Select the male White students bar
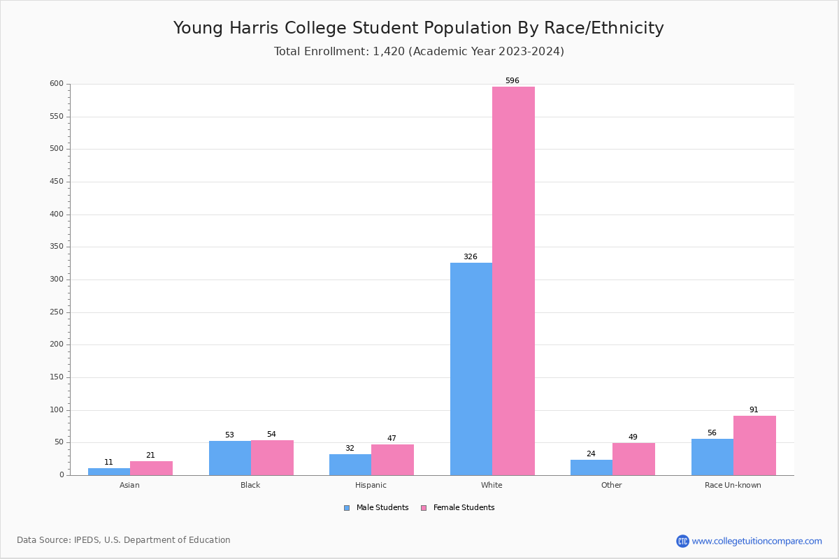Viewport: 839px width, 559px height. pyautogui.click(x=471, y=369)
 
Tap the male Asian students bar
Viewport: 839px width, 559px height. pyautogui.click(x=109, y=472)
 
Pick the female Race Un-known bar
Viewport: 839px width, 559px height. pyautogui.click(x=754, y=446)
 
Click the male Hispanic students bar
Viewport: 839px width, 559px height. pyautogui.click(x=350, y=465)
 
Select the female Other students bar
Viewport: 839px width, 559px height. pyautogui.click(x=633, y=459)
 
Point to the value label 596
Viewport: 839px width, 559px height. pyautogui.click(x=512, y=81)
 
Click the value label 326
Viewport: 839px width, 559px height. pyautogui.click(x=471, y=257)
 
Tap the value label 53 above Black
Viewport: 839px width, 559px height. pyautogui.click(x=229, y=435)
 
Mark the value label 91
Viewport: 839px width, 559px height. pyautogui.click(x=754, y=410)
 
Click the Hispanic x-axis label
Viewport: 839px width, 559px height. pyautogui.click(x=371, y=485)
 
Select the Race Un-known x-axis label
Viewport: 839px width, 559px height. pyautogui.click(x=733, y=485)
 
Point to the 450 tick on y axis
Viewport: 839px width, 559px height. pyautogui.click(x=56, y=182)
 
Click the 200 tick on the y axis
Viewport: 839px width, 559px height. pyautogui.click(x=56, y=344)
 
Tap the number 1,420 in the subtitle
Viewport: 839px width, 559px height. pyautogui.click(x=389, y=52)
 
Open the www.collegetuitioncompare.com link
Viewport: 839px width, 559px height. pyautogui.click(x=756, y=541)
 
